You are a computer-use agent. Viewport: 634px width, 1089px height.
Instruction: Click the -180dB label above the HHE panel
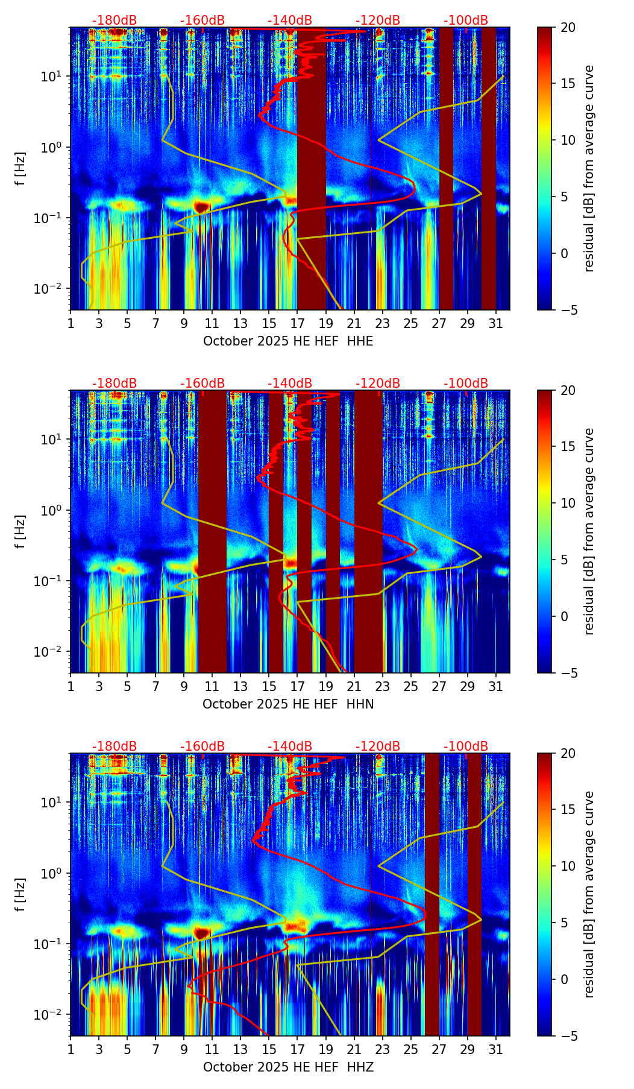[x=115, y=21]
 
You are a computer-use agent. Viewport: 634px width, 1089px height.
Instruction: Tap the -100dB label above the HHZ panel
[x=466, y=747]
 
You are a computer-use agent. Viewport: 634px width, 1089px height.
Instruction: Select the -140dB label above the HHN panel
[x=290, y=384]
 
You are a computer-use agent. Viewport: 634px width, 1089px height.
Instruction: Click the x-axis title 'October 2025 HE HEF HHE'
[x=288, y=341]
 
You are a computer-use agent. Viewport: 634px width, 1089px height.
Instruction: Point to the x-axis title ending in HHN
[x=288, y=704]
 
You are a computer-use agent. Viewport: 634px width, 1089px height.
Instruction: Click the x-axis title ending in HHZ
[x=288, y=1067]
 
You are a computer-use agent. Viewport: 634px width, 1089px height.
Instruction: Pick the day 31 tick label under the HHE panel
[x=495, y=324]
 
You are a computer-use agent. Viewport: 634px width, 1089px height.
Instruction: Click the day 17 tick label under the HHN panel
[x=297, y=687]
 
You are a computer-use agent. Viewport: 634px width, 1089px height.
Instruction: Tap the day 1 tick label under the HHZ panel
[x=71, y=1050]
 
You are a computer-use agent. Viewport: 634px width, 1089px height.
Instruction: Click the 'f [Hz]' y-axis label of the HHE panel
[x=21, y=169]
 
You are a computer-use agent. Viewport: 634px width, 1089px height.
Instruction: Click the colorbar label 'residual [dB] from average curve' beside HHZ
[x=589, y=895]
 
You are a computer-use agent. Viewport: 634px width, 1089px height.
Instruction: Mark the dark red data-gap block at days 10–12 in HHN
[x=212, y=531]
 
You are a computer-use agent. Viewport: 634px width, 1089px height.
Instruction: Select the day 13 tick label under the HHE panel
[x=240, y=324]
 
